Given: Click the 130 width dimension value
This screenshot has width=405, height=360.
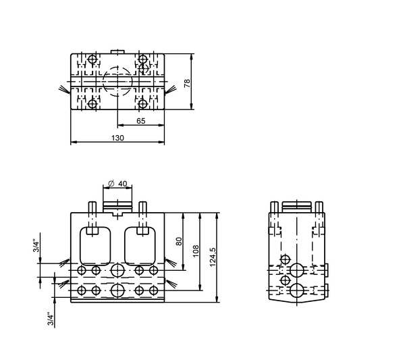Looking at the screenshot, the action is click(117, 138).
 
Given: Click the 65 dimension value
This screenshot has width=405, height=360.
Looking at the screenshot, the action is click(141, 121).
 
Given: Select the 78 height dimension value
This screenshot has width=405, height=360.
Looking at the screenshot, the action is click(187, 83).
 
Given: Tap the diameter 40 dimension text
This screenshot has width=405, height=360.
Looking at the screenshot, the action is click(117, 184).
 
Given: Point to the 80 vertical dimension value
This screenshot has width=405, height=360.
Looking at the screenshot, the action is click(179, 241).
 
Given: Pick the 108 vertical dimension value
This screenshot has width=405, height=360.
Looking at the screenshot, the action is click(196, 251).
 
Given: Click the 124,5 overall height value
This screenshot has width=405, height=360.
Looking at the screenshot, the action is click(213, 257).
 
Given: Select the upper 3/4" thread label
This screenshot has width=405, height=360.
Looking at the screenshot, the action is click(36, 247).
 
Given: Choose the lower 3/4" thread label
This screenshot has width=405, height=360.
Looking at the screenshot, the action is click(51, 319).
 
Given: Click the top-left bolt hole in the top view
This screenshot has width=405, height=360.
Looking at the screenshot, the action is click(92, 59).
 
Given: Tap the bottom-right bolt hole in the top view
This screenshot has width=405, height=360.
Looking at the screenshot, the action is click(142, 104).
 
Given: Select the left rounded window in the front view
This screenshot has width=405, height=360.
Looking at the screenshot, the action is click(95, 246).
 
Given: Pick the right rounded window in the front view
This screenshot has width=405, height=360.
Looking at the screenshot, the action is click(140, 246).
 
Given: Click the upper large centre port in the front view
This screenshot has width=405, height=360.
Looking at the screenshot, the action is click(117, 270).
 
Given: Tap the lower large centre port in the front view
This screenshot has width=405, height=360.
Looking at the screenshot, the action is click(117, 290).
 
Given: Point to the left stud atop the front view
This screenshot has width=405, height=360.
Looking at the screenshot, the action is click(92, 207).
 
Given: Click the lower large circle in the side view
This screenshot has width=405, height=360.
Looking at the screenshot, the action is click(296, 290).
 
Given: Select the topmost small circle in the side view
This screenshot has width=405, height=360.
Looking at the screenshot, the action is click(285, 259).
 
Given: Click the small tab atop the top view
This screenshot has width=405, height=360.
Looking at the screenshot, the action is click(117, 52).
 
